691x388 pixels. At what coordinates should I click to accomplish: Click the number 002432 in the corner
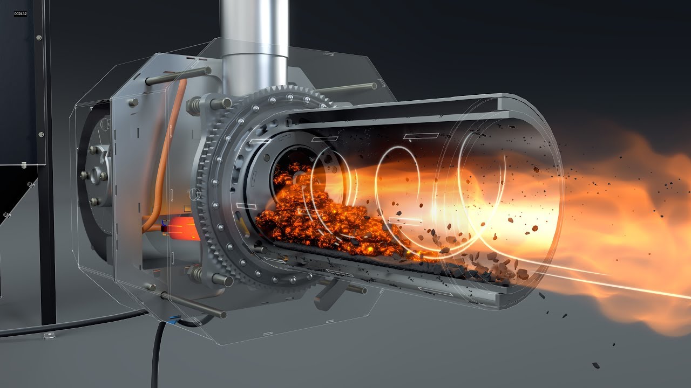coord(20,13)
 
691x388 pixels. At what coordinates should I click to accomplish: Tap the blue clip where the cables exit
coord(174,319)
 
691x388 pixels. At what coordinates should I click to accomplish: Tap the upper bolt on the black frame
coord(38,37)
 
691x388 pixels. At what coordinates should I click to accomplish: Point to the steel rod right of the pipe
coord(345,87)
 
